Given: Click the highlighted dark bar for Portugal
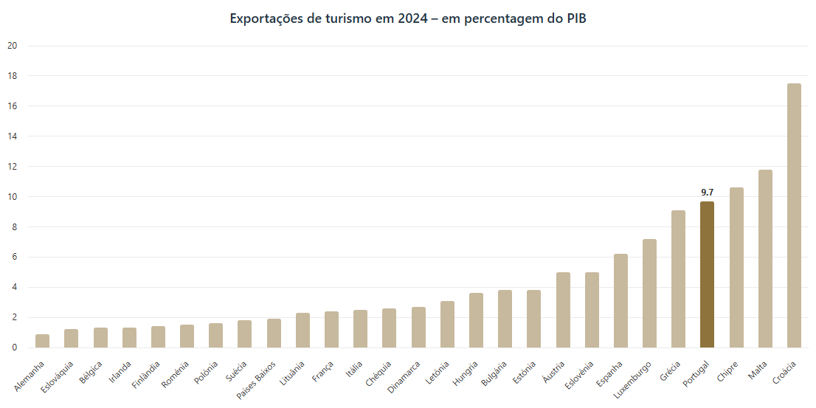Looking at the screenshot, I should [707, 274].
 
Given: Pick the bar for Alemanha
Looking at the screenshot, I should [43, 341].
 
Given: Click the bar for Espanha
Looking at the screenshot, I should [620, 301].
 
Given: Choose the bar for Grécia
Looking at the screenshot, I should [678, 279].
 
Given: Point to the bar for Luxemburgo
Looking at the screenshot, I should [649, 294].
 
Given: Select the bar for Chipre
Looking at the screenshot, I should [736, 267].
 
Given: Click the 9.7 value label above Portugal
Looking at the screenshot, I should [707, 193].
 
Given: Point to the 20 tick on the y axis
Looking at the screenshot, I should [12, 46].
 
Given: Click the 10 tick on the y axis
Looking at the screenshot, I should [12, 197].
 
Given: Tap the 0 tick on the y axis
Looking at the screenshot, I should [14, 348].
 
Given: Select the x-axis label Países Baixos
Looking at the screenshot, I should [257, 378].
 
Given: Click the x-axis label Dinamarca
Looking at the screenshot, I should [405, 376].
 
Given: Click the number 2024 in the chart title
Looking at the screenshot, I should [412, 18].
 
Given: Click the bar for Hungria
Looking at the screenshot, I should [476, 320].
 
